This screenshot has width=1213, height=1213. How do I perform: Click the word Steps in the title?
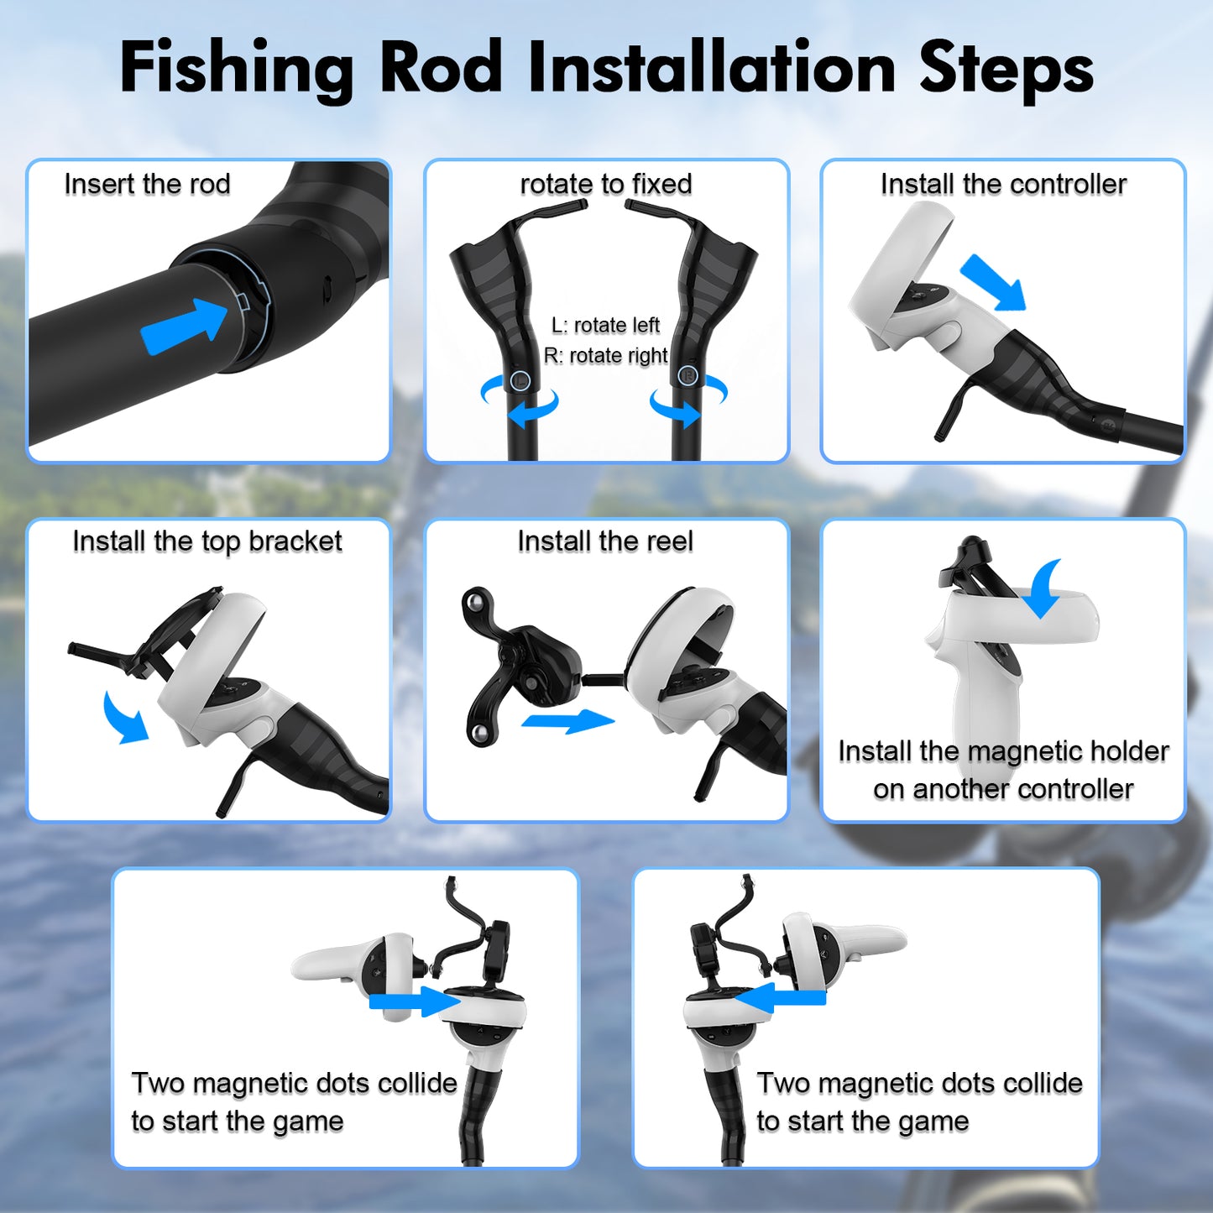tap(1006, 69)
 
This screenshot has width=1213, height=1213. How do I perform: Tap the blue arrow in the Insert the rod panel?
tap(183, 326)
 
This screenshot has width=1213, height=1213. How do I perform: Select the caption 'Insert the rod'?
tap(147, 185)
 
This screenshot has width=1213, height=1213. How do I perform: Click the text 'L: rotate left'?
tap(605, 325)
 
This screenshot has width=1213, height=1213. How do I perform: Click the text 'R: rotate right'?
tap(605, 356)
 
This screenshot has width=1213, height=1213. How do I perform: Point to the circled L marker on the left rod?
tap(520, 379)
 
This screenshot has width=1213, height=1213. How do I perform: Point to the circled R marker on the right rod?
tap(688, 376)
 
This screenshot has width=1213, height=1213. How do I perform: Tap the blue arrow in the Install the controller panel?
tap(994, 282)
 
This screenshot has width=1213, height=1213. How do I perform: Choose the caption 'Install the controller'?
tap(1003, 185)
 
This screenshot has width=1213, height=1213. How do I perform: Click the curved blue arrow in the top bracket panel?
tap(124, 719)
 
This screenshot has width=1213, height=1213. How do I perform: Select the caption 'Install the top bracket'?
tap(207, 541)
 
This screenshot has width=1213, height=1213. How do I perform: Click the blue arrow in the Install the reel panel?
tap(567, 721)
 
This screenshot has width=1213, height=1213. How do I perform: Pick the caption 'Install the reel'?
tap(605, 541)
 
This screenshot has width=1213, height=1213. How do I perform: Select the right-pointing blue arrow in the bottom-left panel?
tap(416, 1001)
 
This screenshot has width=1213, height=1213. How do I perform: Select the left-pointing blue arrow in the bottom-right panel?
tap(780, 999)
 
